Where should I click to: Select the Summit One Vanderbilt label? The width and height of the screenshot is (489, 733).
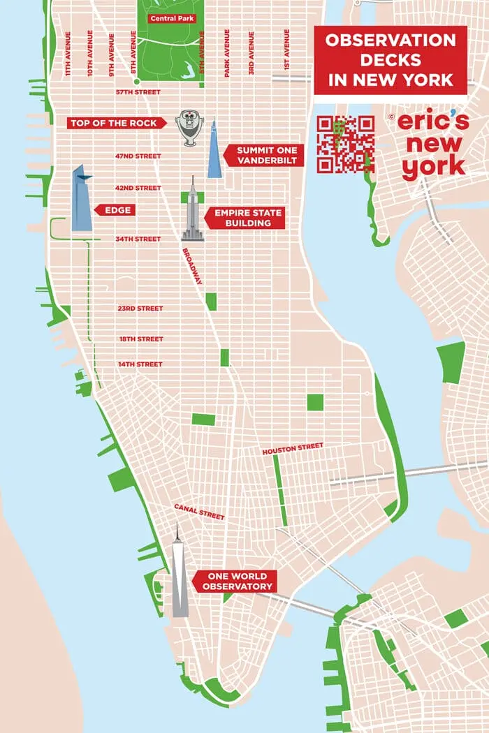coord(266,156)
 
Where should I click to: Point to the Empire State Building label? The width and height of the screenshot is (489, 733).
coord(248,218)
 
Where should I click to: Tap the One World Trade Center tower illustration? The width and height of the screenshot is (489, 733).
coord(180,574)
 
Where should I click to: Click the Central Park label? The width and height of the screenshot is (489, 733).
coord(173,18)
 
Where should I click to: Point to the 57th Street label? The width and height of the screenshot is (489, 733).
coord(138,92)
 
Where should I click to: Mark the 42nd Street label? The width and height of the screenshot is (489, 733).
coord(138,188)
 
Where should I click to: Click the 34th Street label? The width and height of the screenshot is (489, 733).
coord(138,239)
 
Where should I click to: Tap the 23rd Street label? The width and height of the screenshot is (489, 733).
coord(140,309)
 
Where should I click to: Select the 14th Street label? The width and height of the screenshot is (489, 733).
coord(140,364)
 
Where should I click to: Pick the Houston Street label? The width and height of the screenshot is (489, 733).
coord(293,450)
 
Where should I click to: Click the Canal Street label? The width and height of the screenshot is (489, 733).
coord(199,512)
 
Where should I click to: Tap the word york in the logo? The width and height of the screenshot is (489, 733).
coord(433,166)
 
